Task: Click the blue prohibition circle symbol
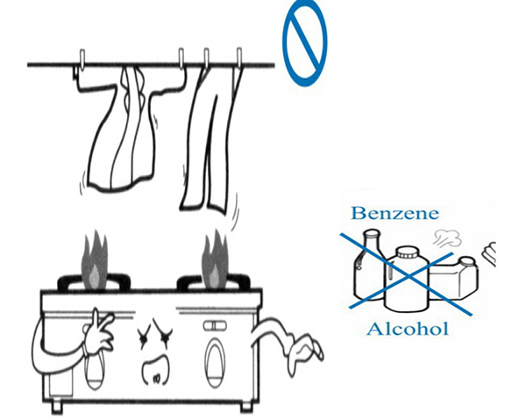point(304,39)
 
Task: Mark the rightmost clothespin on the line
point(238,59)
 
